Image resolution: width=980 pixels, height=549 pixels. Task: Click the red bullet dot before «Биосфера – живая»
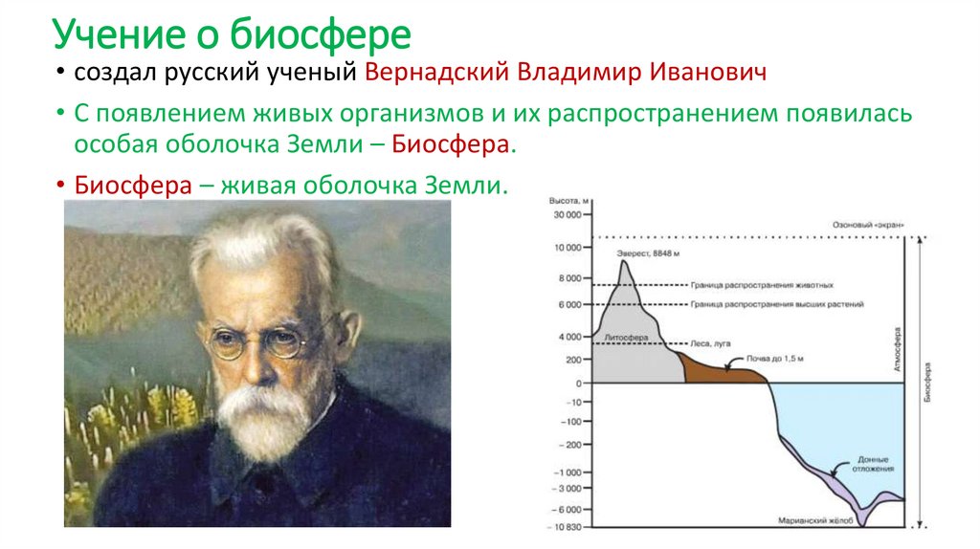tap(60, 185)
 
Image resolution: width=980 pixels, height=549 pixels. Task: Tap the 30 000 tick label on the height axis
tap(567, 215)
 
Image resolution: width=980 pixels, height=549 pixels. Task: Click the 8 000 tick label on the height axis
tap(570, 278)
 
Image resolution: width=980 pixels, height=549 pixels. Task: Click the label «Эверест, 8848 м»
tap(648, 253)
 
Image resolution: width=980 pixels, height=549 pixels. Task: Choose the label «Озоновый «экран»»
tap(866, 226)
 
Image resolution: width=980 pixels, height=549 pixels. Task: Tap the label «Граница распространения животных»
tap(763, 285)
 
